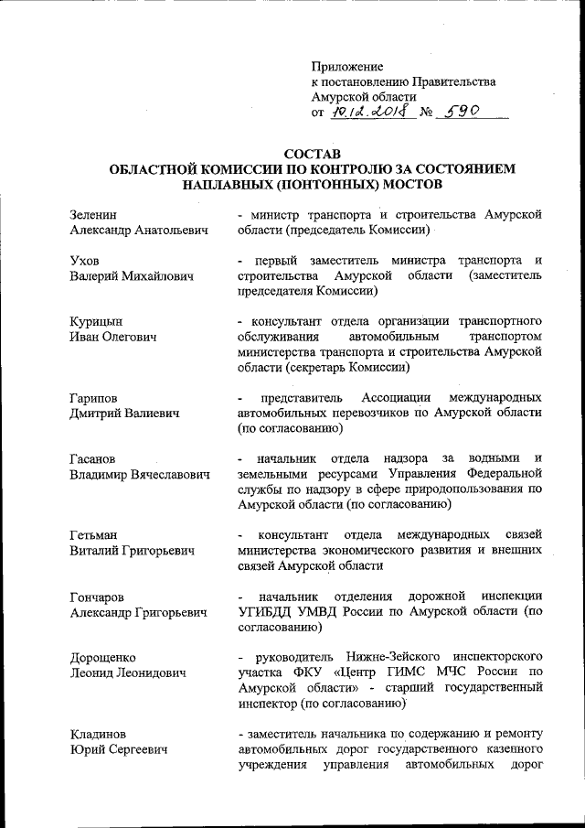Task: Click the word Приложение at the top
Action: [347, 66]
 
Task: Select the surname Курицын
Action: [97, 321]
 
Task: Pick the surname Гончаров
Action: [101, 597]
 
